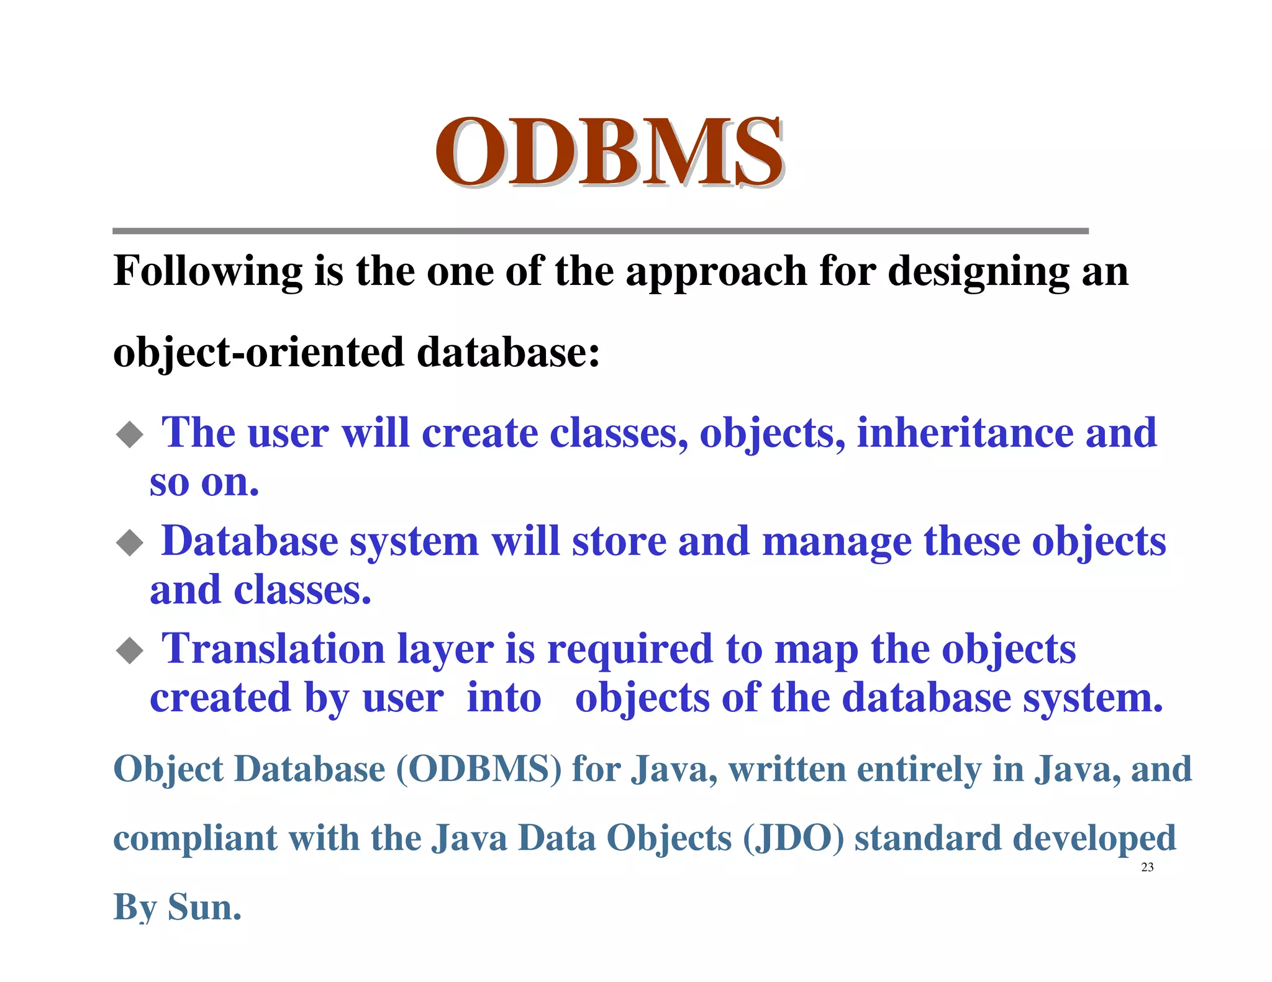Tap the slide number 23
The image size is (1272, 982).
click(x=1147, y=867)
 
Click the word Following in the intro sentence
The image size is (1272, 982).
click(x=207, y=272)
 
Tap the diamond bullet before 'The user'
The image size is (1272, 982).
click(x=130, y=434)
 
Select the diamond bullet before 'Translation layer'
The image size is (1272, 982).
click(x=130, y=651)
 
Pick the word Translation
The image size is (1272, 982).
click(x=273, y=649)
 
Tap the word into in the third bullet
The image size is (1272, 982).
click(x=504, y=698)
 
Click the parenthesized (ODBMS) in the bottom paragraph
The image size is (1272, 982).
click(x=478, y=769)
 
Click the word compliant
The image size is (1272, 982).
click(x=195, y=839)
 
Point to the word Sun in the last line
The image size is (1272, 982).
click(x=204, y=908)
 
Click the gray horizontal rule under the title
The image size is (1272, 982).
click(x=600, y=231)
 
